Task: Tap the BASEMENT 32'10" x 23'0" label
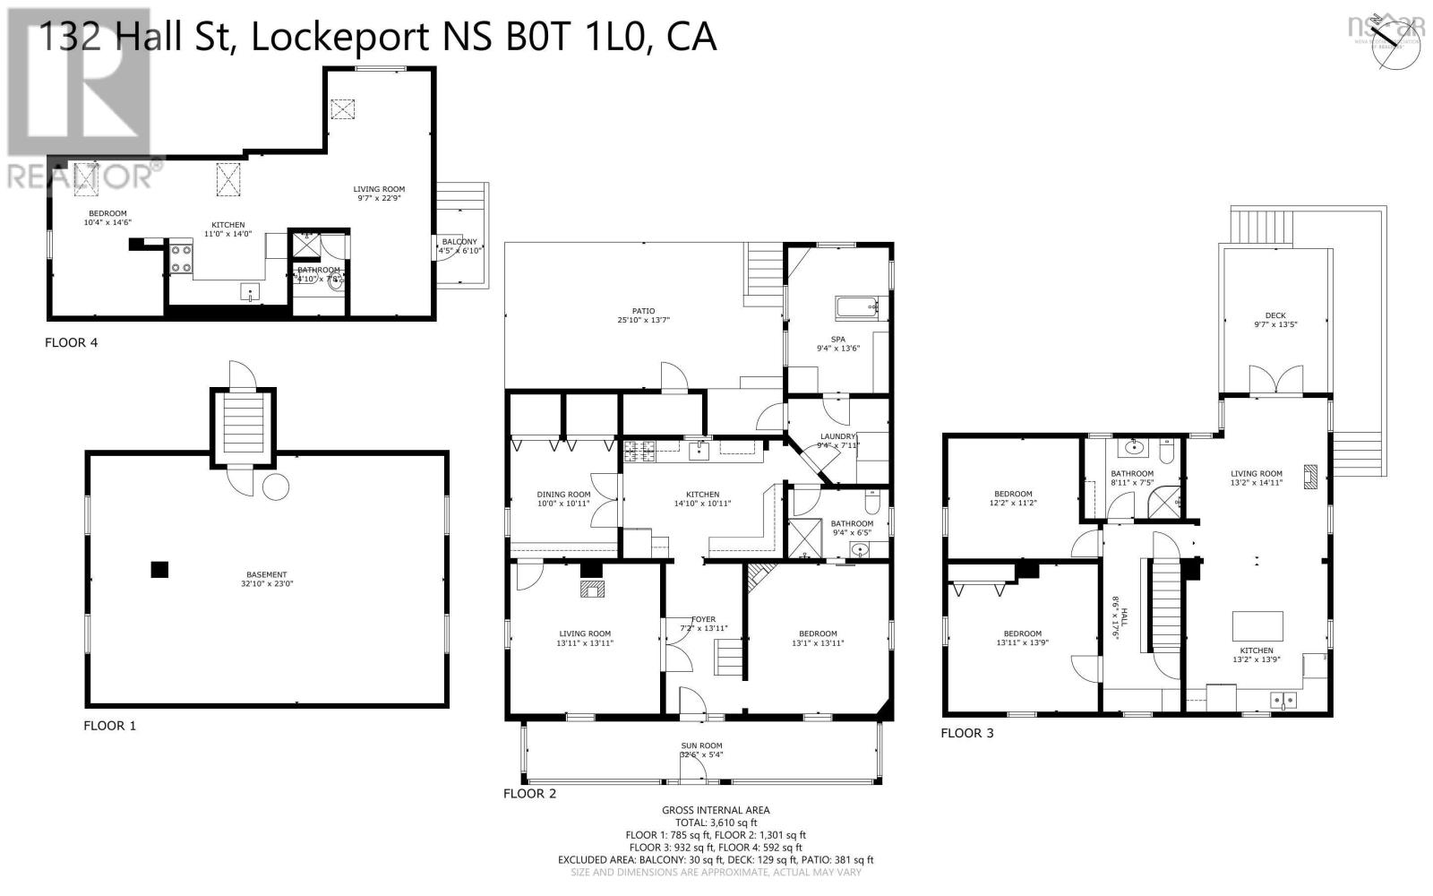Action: (x=267, y=580)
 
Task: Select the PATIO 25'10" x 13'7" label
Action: (x=643, y=315)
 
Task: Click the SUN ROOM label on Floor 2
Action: (x=701, y=750)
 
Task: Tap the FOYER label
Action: (x=703, y=624)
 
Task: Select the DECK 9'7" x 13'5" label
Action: (x=1275, y=320)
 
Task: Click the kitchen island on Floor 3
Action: (x=1257, y=624)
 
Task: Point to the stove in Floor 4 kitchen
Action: (x=182, y=259)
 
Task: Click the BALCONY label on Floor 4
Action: (x=459, y=246)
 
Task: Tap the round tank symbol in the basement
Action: (x=276, y=487)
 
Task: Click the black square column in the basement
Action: (x=159, y=569)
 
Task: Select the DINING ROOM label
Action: (x=563, y=499)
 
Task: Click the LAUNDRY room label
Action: (x=837, y=441)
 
